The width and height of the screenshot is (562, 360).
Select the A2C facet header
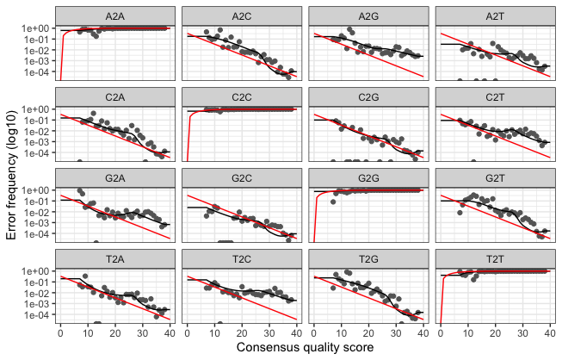tap(242, 16)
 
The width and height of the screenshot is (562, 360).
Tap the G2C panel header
tap(242, 177)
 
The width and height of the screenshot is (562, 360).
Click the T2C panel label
tap(242, 258)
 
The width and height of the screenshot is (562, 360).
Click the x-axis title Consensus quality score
tap(305, 349)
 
